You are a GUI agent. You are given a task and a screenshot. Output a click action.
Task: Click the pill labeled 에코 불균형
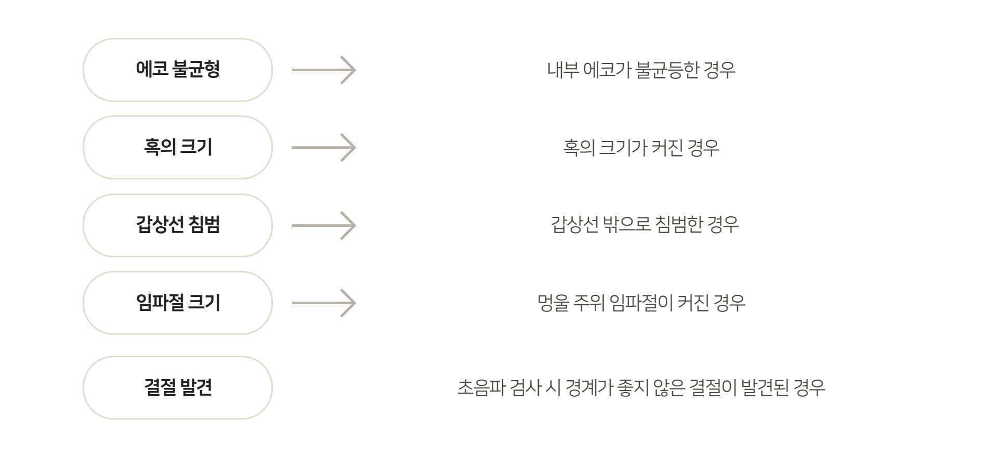(x=178, y=70)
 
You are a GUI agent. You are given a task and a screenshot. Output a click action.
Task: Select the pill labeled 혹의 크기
(x=178, y=147)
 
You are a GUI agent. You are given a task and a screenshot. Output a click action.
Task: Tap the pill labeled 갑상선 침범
(x=178, y=225)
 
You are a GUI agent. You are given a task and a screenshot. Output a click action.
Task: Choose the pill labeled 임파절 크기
(x=178, y=303)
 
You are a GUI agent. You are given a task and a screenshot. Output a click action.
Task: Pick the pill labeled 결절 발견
(x=178, y=387)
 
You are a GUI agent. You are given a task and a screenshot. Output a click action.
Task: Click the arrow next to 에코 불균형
(x=324, y=70)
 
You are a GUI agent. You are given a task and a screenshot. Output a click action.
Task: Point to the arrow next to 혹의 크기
(x=324, y=147)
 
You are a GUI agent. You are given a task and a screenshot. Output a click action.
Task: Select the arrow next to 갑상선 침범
(x=324, y=225)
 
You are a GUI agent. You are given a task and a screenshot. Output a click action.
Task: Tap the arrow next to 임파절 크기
(x=324, y=303)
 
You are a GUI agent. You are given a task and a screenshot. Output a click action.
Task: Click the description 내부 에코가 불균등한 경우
(x=641, y=70)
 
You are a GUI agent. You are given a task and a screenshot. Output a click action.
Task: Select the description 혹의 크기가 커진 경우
(x=641, y=148)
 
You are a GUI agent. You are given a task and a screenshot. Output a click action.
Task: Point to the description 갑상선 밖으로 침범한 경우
(x=645, y=225)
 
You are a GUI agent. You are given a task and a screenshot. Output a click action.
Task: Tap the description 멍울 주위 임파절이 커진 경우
(x=641, y=303)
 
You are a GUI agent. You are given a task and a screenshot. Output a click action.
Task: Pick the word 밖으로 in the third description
(x=627, y=225)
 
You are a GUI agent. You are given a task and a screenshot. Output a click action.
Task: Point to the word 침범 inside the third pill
(x=204, y=225)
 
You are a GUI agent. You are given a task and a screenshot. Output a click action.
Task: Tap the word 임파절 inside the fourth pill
(x=160, y=303)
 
